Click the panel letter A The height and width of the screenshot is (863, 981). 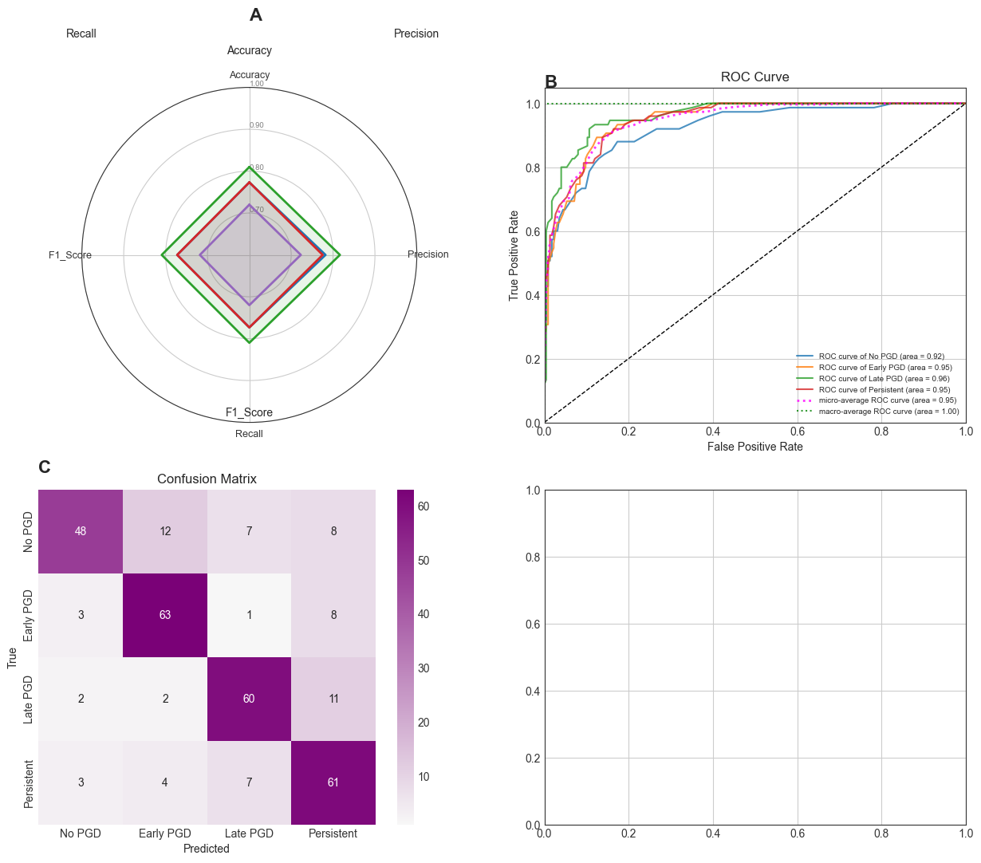tap(255, 15)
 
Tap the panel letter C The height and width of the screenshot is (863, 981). tap(45, 467)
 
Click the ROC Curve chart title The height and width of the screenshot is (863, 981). tap(754, 77)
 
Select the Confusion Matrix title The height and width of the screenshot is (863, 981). tap(207, 479)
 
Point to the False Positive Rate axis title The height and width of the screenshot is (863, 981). tap(754, 447)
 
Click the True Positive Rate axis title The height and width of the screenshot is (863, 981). tap(514, 255)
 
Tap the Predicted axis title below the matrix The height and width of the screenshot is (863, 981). tap(207, 849)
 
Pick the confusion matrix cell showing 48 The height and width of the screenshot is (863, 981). tap(81, 531)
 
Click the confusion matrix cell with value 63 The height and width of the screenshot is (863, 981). tap(165, 615)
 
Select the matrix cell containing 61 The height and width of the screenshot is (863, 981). tap(333, 782)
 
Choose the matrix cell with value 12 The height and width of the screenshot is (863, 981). tap(165, 531)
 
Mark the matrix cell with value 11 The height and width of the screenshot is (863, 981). tap(333, 699)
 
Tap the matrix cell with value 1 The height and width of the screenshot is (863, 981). tap(249, 615)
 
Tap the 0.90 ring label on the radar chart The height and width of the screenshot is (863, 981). tap(256, 125)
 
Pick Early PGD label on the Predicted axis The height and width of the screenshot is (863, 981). tap(165, 833)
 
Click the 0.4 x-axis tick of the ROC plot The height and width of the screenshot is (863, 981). tap(713, 431)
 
